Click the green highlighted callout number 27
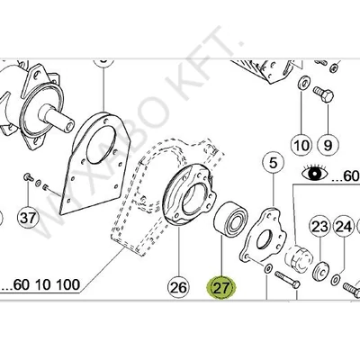(x=221, y=288)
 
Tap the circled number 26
(x=178, y=288)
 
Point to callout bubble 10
(x=300, y=143)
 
